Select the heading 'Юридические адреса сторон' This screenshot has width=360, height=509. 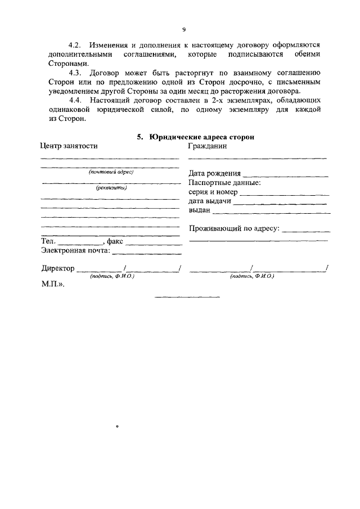tap(201, 137)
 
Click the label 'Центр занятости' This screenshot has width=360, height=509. tap(69, 146)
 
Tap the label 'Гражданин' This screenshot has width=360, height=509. tap(208, 146)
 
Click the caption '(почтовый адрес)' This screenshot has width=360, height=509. tap(110, 172)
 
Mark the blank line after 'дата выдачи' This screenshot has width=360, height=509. tap(280, 203)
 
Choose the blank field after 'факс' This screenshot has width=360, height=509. tap(154, 244)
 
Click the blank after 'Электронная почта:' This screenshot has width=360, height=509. tap(146, 253)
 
